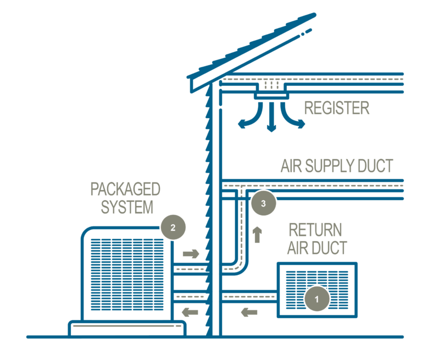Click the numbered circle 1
(x=316, y=298)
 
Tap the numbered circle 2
(x=173, y=228)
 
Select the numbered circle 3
(x=264, y=203)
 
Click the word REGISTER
(x=336, y=108)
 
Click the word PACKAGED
(x=125, y=190)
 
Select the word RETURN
(x=315, y=230)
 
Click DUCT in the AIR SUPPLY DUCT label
(x=375, y=166)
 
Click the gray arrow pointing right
(x=191, y=254)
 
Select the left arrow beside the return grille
(x=249, y=312)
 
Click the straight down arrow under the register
(x=271, y=122)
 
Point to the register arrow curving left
(x=246, y=118)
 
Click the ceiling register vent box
(x=270, y=93)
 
